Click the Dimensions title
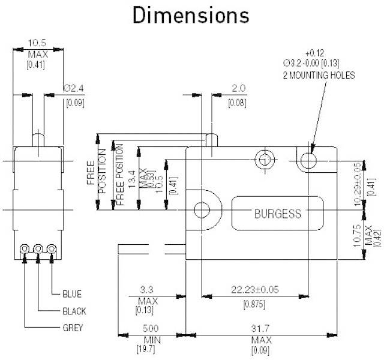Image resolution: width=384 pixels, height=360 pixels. click(x=191, y=17)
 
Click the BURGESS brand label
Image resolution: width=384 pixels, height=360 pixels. click(x=278, y=213)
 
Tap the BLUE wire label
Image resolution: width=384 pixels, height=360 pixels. click(x=72, y=294)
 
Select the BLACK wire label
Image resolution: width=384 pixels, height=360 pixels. click(x=74, y=311)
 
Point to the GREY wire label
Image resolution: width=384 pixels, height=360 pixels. click(x=73, y=328)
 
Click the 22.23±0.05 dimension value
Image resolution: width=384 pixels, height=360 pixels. click(x=255, y=289)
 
